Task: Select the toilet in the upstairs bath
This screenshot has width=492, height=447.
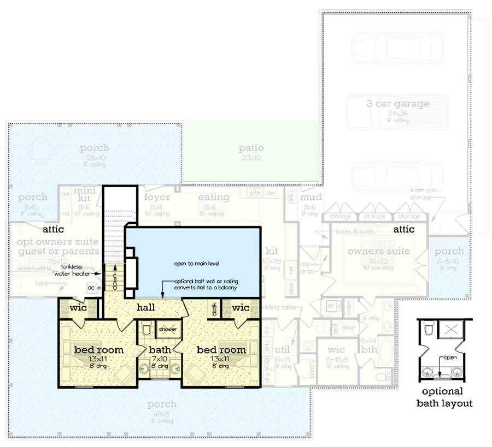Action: (x=146, y=330)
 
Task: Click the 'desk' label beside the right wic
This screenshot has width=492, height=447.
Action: (x=214, y=309)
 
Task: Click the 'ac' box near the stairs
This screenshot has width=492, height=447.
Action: (x=91, y=287)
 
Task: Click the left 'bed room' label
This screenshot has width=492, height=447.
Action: (x=99, y=349)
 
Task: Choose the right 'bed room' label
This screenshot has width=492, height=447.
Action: (x=221, y=349)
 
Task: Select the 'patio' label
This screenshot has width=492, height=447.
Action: (x=251, y=148)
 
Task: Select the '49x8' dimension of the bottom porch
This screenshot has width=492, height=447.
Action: (x=162, y=413)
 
